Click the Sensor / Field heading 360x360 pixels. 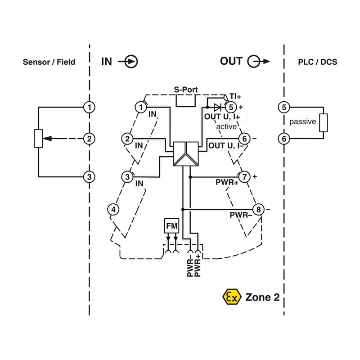49,62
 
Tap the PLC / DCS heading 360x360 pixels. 317,62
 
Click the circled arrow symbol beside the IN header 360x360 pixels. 132,62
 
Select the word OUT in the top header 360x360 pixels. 231,61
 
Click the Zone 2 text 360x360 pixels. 265,297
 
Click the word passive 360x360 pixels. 302,122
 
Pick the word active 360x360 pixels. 226,126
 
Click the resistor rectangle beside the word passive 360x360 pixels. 323,122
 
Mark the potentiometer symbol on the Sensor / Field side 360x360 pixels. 38,139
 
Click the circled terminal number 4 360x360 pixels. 113,209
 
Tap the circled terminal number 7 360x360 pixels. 244,177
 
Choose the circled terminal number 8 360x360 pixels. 258,209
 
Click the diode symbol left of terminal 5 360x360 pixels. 218,107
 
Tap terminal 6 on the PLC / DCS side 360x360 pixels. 284,139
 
